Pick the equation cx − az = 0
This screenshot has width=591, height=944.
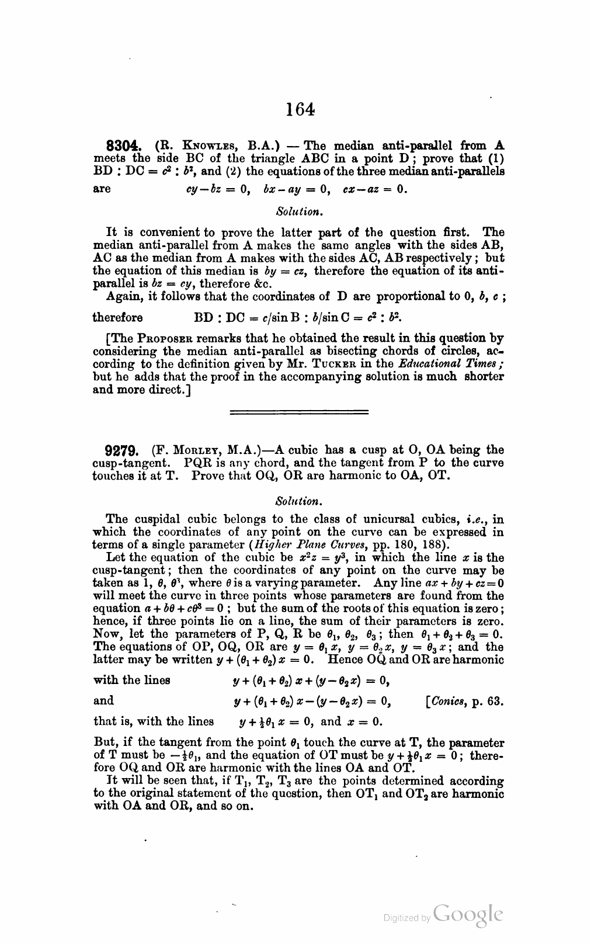374,190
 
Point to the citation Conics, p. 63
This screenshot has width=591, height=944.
467,700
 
